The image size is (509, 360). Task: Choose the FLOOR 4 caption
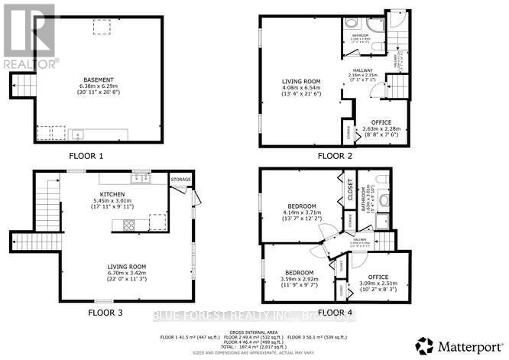click(x=333, y=312)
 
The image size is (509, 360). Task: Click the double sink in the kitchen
click(x=140, y=179)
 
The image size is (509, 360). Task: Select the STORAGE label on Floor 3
click(x=180, y=180)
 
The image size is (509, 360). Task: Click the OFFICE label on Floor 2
click(x=381, y=122)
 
